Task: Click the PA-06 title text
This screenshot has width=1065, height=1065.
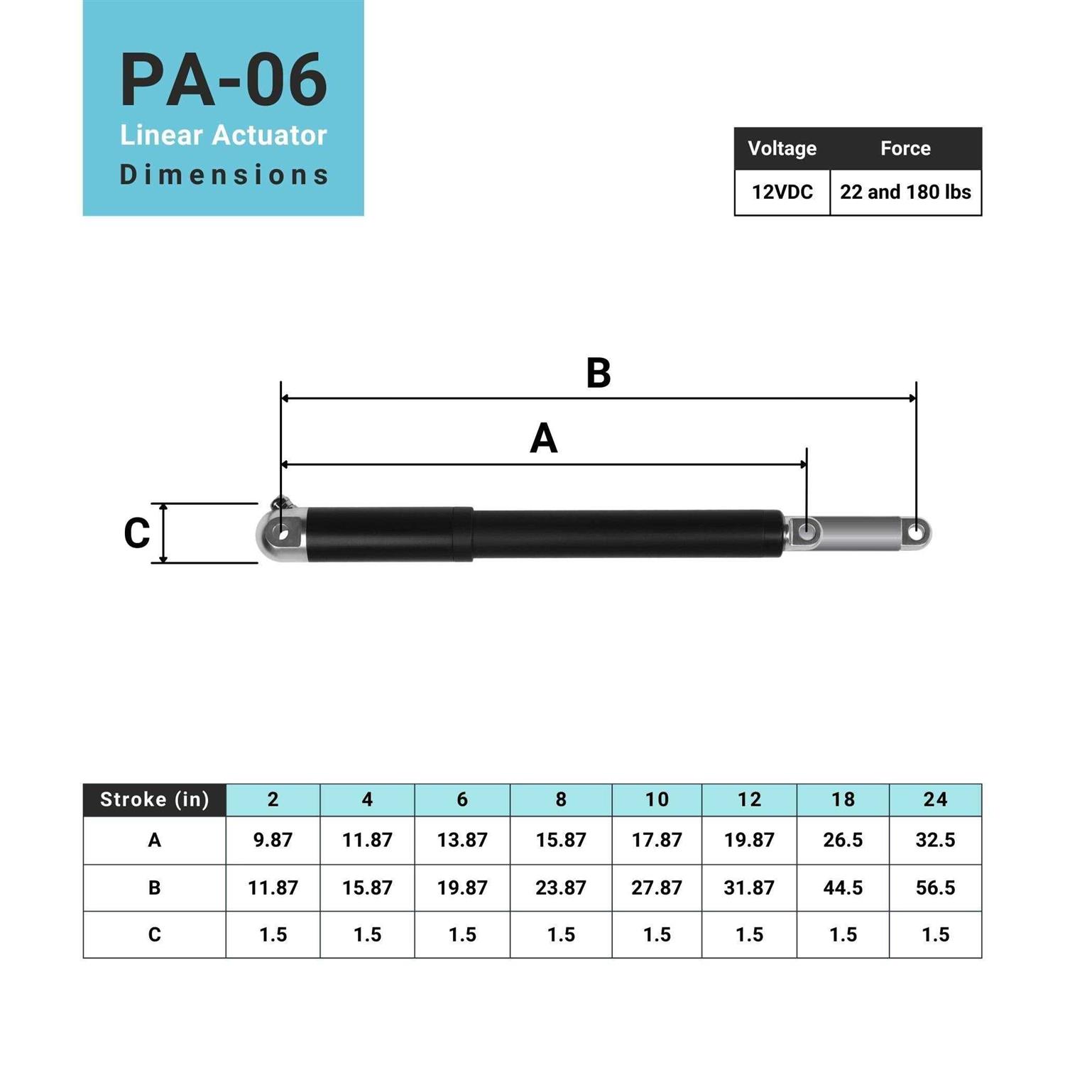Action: coord(223,80)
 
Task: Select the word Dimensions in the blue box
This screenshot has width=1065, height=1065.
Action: coord(223,175)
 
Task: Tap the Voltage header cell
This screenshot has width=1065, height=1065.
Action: coord(782,148)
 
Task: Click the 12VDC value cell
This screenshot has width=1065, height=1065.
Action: coord(782,192)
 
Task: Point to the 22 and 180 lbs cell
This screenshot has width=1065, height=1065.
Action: coord(905,192)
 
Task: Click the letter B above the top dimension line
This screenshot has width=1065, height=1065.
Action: coord(598,373)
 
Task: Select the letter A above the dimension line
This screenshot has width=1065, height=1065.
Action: coord(543,438)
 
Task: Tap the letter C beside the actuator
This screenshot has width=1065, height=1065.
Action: coord(136,533)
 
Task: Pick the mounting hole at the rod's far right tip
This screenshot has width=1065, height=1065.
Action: coord(917,532)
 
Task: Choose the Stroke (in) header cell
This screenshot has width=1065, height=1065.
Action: coord(154,799)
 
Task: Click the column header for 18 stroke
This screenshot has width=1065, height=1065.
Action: coord(843,799)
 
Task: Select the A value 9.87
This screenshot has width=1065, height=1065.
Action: coord(273,840)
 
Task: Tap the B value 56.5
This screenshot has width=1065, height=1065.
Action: coord(935,887)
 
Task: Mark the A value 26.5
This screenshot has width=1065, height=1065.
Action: coord(843,840)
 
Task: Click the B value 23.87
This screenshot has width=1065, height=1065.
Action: coord(560,887)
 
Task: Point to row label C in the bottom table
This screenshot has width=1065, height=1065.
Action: coord(154,934)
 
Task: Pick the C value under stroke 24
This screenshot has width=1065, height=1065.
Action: coord(935,934)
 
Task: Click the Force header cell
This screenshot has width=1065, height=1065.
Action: coord(905,148)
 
